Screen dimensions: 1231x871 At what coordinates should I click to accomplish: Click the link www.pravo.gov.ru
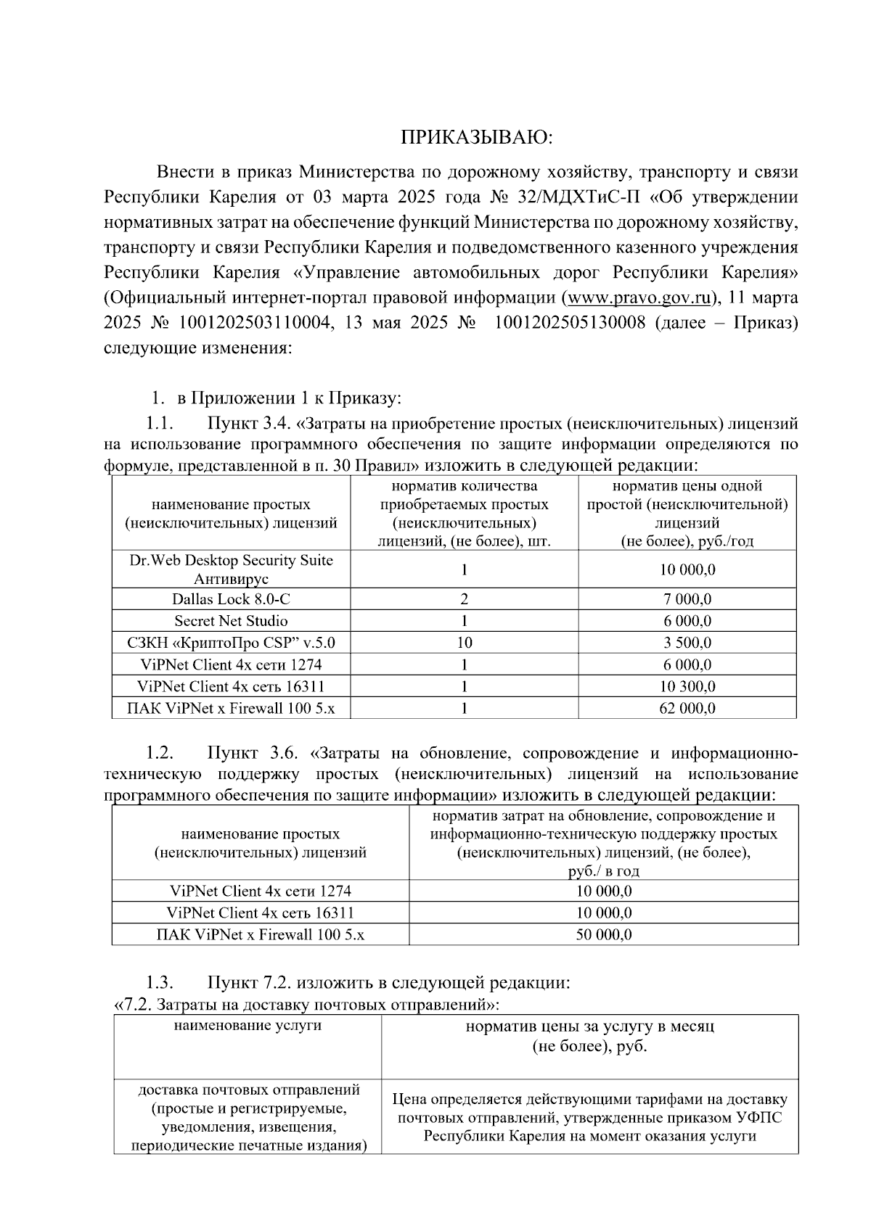(x=638, y=297)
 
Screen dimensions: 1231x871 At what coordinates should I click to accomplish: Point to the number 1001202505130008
(x=569, y=323)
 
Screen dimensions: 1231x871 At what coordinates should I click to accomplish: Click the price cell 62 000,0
(x=687, y=708)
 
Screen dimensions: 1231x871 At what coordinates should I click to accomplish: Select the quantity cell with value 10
(x=464, y=643)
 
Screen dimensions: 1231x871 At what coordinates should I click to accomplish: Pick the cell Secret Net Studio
(x=231, y=621)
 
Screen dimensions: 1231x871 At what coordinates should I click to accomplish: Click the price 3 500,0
(x=687, y=643)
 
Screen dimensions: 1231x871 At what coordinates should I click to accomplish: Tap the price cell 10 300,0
(x=687, y=686)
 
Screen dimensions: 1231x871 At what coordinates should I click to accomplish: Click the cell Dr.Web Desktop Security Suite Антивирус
(x=231, y=569)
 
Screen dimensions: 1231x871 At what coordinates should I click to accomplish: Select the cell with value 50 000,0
(x=603, y=935)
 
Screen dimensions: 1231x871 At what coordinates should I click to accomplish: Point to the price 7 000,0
(x=687, y=599)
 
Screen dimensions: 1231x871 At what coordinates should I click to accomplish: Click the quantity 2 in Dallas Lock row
(x=464, y=599)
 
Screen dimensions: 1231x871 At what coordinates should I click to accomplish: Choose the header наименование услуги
(x=248, y=1026)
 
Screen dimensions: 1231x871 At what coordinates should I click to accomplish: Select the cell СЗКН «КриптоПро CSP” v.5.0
(x=231, y=643)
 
